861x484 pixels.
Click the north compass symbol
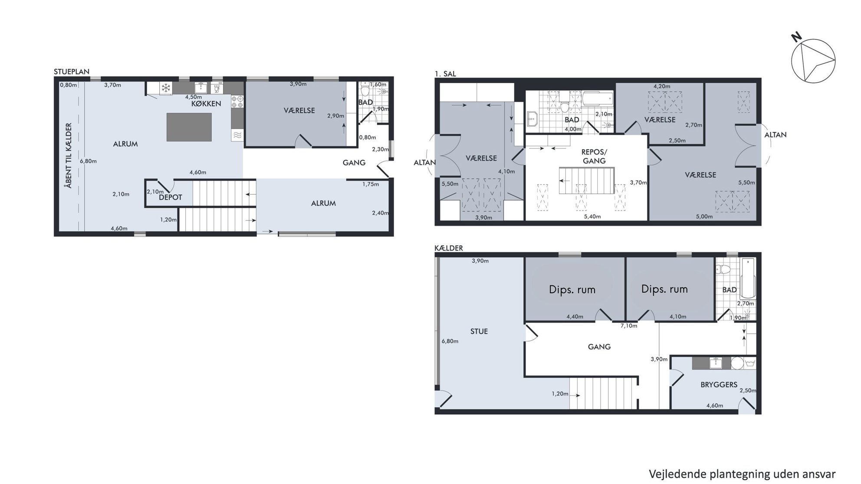[813, 61]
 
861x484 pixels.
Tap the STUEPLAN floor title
[72, 72]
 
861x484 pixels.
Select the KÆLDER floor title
[449, 248]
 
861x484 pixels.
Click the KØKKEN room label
[206, 104]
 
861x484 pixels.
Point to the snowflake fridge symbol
[165, 88]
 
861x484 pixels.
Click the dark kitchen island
[189, 127]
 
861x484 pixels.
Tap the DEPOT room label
[171, 197]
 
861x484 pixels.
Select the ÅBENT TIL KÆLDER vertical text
[69, 156]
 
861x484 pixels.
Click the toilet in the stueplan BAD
[365, 90]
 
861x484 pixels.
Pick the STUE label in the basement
[479, 331]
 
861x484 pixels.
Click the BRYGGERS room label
[719, 385]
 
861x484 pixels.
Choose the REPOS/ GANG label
[594, 157]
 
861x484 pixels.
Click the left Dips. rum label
[572, 289]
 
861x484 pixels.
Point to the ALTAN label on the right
[776, 135]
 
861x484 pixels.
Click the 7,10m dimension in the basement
[629, 326]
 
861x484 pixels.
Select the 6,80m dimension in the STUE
[450, 341]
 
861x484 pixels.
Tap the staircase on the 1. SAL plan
[586, 180]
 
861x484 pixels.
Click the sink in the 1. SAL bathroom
[532, 118]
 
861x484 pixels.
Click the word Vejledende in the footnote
[677, 474]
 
